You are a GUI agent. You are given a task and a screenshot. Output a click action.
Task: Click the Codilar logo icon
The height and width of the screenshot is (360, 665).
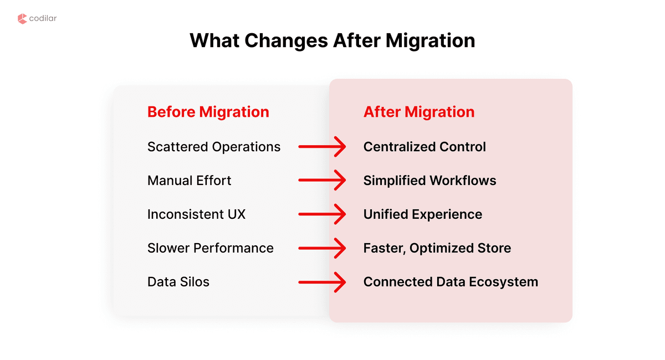[x=22, y=19]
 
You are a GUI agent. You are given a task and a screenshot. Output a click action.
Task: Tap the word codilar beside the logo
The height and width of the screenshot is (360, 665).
[x=43, y=18]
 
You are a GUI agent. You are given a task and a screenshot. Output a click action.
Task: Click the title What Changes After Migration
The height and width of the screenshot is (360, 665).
[x=332, y=40]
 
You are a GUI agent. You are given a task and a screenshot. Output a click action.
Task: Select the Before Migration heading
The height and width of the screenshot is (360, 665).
[x=208, y=112]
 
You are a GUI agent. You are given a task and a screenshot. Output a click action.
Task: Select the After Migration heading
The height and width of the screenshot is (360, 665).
[x=419, y=112]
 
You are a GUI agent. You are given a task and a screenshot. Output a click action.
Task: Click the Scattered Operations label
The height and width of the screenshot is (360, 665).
[x=214, y=147]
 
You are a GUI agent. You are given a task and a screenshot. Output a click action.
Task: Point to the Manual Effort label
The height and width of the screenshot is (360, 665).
[x=189, y=181]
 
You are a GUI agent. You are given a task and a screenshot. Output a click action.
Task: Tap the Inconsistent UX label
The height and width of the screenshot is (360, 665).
[x=197, y=214]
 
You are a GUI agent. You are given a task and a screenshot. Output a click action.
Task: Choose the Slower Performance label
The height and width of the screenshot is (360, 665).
[x=211, y=248]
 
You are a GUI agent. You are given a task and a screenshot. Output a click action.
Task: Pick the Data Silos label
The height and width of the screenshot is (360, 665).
[x=178, y=282]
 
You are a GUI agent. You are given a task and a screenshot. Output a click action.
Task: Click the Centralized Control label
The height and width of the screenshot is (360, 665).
[x=424, y=147]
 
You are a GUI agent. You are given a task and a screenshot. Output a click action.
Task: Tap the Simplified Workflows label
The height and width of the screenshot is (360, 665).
[x=430, y=181]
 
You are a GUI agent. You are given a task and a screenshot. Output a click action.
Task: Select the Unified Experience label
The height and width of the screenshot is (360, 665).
[x=423, y=214]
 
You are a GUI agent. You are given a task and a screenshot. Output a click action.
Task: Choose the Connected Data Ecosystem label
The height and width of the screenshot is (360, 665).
[x=451, y=282]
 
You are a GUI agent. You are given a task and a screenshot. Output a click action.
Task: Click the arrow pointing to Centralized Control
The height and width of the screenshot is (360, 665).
[x=322, y=147]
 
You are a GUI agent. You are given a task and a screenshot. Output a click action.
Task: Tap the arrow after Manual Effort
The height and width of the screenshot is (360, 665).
[x=322, y=180]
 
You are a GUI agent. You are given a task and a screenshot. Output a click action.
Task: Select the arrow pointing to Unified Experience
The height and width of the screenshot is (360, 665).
[x=322, y=214]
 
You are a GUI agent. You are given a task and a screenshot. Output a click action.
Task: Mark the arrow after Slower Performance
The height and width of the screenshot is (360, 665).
[x=322, y=248]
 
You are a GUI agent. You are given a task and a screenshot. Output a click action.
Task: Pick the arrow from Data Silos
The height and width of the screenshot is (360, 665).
[x=322, y=282]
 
